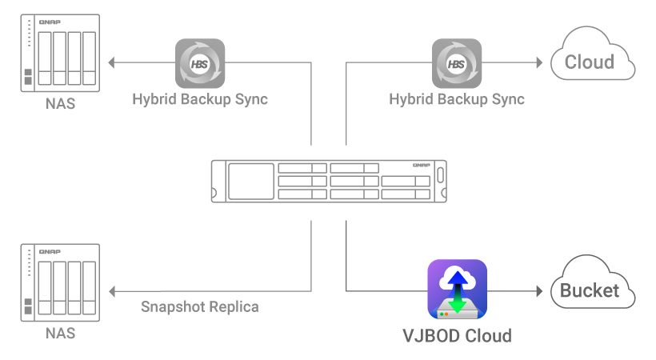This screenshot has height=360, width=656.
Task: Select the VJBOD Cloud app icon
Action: point(457,290)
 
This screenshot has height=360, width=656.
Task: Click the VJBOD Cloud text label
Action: point(457,334)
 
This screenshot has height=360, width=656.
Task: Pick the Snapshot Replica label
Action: point(200,306)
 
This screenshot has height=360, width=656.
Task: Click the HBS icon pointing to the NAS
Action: point(200,63)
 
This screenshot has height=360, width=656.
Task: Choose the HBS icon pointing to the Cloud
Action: point(457,63)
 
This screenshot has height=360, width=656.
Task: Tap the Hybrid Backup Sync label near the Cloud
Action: point(457,100)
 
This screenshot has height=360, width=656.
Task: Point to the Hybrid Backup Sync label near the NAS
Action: point(200,100)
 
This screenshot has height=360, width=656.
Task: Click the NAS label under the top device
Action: point(60,103)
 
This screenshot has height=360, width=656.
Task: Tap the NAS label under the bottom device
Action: point(60,333)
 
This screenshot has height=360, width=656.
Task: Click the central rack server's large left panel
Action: point(251,182)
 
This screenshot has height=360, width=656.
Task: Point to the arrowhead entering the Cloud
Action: point(542,62)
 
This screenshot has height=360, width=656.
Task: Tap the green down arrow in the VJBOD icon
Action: point(457,303)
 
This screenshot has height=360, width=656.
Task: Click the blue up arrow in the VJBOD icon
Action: point(457,279)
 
